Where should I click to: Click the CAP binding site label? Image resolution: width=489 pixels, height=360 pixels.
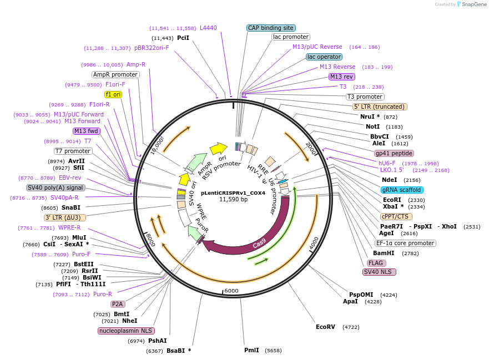tap(271, 28)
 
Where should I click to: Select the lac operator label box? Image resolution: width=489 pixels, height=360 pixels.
tap(324, 57)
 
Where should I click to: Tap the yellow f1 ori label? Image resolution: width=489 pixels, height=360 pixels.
tap(113, 94)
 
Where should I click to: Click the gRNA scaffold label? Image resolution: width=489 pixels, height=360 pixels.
tap(402, 190)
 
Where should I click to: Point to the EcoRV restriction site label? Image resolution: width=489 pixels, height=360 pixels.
tap(325, 327)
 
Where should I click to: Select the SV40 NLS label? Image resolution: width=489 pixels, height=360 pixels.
tap(379, 272)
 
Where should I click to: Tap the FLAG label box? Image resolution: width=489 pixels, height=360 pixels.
tap(376, 263)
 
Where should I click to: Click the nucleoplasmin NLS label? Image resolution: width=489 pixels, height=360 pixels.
tap(126, 331)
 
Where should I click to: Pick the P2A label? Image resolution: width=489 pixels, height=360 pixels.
tap(117, 304)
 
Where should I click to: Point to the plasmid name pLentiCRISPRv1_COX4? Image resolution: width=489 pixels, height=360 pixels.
tap(233, 192)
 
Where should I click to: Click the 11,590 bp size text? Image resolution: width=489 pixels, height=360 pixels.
tap(233, 199)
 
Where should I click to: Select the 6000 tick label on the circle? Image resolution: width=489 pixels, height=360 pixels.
tap(231, 291)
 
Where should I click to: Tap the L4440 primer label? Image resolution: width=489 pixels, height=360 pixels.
tap(208, 28)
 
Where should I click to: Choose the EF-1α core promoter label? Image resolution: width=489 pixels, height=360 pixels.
tap(405, 243)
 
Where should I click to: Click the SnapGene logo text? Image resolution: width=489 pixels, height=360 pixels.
tap(473, 4)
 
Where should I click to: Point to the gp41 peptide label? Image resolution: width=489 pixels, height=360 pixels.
tap(394, 153)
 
